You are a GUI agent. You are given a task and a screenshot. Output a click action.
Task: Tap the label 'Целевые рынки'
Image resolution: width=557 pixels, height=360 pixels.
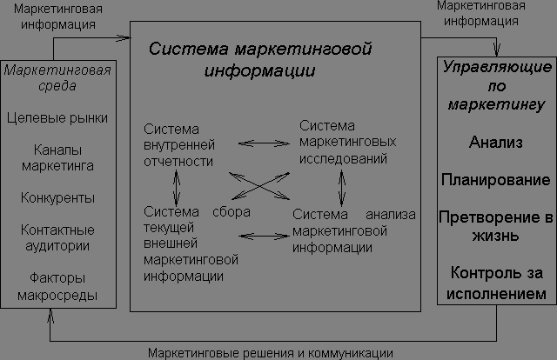(57, 116)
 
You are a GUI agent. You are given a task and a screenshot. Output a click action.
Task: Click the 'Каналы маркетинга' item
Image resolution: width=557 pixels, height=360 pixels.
(57, 157)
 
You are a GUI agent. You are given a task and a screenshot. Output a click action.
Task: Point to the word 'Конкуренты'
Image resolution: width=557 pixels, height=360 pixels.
(57, 198)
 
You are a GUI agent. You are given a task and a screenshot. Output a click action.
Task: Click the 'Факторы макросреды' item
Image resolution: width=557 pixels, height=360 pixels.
(57, 288)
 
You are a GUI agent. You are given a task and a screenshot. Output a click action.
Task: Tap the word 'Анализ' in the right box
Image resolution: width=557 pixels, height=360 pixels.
(495, 142)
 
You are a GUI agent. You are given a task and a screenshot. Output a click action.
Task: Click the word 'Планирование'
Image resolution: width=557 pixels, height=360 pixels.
(495, 181)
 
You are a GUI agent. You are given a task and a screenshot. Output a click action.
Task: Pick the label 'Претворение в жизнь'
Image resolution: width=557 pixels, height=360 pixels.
(495, 225)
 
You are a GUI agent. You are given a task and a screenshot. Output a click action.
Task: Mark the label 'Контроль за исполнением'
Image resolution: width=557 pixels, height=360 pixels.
(495, 284)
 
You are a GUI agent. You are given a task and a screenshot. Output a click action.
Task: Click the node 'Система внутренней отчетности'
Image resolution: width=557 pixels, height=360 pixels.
(178, 143)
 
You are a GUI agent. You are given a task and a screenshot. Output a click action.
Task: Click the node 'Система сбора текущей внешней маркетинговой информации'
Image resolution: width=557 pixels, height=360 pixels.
(195, 243)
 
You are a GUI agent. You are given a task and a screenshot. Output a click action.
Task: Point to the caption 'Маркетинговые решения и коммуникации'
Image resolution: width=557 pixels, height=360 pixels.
(269, 352)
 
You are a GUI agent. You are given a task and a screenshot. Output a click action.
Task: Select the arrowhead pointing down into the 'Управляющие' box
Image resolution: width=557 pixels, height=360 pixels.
(496, 51)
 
